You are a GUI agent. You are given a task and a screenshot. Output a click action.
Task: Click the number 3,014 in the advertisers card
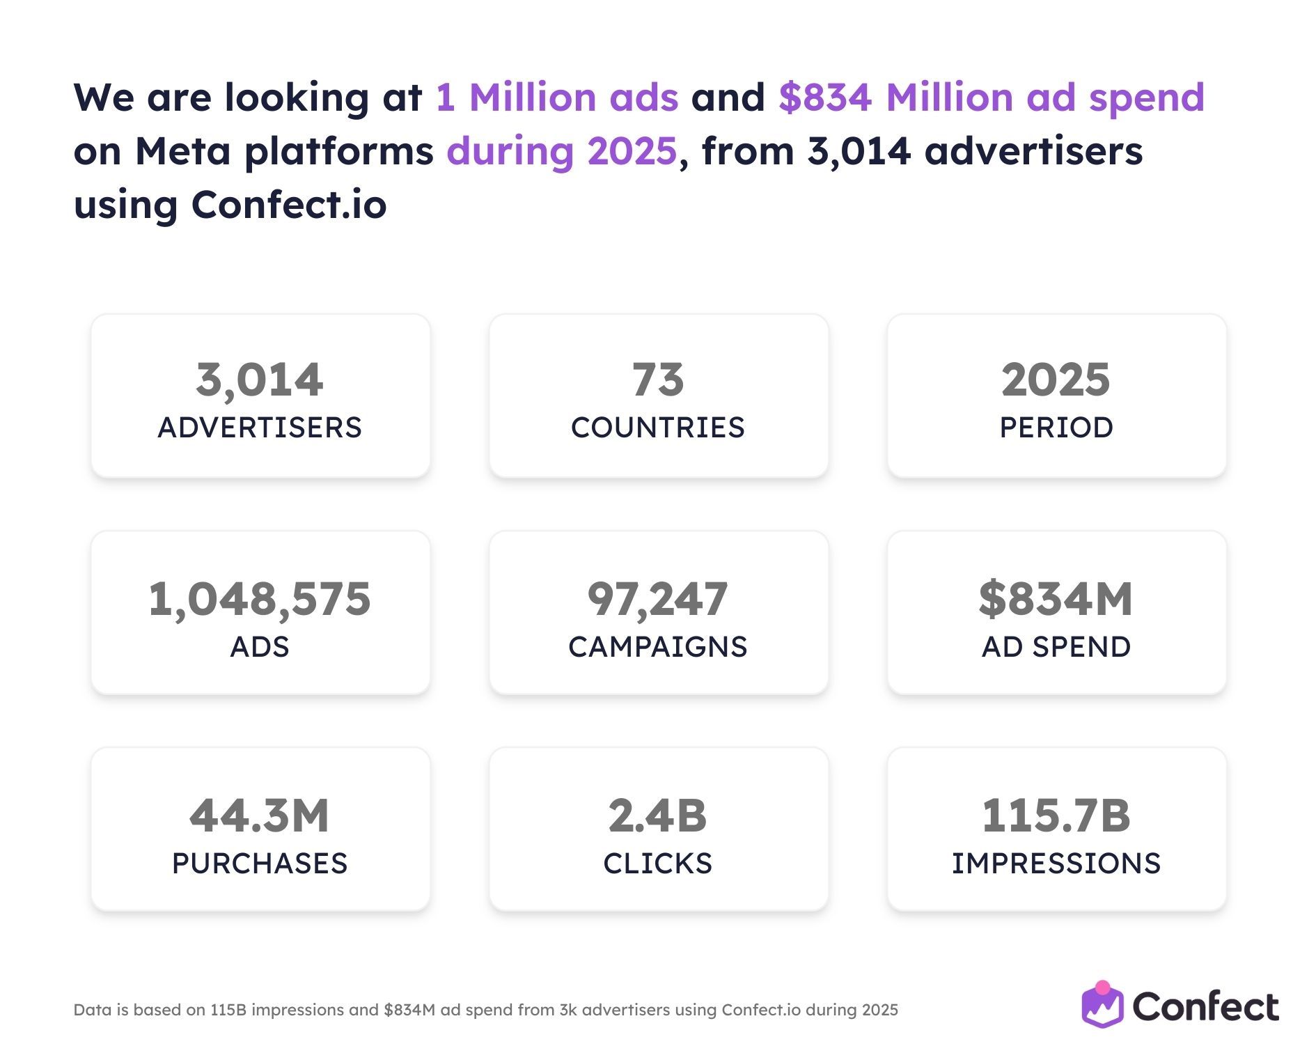pyautogui.click(x=259, y=380)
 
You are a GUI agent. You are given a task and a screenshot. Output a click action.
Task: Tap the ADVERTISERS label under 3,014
pyautogui.click(x=260, y=428)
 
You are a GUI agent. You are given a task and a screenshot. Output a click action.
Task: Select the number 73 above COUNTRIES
pyautogui.click(x=658, y=380)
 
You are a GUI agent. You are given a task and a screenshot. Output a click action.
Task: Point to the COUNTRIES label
pyautogui.click(x=658, y=428)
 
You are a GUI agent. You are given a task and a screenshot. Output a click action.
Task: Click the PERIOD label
pyautogui.click(x=1056, y=428)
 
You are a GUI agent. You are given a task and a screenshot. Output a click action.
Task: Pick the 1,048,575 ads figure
pyautogui.click(x=260, y=599)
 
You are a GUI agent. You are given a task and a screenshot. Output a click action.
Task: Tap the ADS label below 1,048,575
pyautogui.click(x=260, y=647)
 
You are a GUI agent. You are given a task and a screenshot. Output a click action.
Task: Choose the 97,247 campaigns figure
pyautogui.click(x=658, y=599)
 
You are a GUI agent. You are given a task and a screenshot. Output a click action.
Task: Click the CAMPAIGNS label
pyautogui.click(x=658, y=647)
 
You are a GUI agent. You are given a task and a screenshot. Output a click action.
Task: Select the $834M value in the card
pyautogui.click(x=1056, y=599)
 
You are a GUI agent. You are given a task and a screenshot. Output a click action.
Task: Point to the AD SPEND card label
pyautogui.click(x=1056, y=647)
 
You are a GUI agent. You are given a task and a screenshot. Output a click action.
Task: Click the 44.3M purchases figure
pyautogui.click(x=260, y=816)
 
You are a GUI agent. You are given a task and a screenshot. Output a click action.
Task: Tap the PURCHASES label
pyautogui.click(x=260, y=864)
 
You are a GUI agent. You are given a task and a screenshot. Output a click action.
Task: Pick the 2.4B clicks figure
pyautogui.click(x=658, y=816)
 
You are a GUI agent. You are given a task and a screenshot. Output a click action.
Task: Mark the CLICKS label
pyautogui.click(x=658, y=864)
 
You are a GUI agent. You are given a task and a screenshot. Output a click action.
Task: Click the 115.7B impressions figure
pyautogui.click(x=1056, y=816)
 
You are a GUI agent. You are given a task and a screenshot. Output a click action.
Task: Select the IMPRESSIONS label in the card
pyautogui.click(x=1056, y=864)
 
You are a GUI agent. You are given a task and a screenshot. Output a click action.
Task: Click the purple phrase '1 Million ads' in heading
pyautogui.click(x=557, y=97)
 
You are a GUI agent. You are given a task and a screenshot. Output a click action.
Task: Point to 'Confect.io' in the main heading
pyautogui.click(x=289, y=205)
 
